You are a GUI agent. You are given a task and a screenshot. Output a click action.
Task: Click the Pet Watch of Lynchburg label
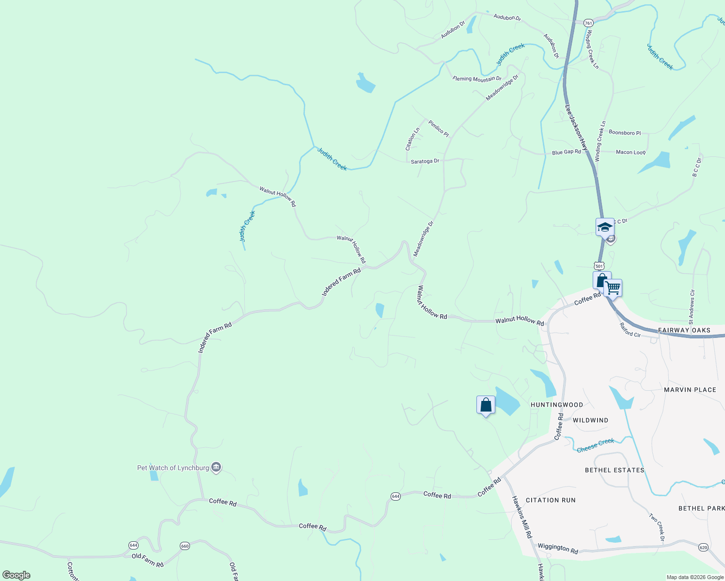[x=173, y=468]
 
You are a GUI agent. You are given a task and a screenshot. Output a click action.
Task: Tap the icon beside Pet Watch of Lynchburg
[x=217, y=467]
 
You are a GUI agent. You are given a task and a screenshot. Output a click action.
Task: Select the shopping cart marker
[x=613, y=289]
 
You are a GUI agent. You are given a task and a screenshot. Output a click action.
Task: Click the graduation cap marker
[x=605, y=227]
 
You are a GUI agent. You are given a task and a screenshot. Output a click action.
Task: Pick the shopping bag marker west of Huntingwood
[x=486, y=405]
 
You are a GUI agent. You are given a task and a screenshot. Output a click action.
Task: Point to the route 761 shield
[x=588, y=23]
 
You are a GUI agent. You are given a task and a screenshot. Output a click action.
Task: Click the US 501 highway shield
[x=599, y=266]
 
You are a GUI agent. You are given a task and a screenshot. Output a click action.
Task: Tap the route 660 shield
[x=185, y=546]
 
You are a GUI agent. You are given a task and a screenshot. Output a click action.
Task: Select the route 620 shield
[x=703, y=547]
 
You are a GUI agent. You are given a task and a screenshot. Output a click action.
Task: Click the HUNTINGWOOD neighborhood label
[x=557, y=405]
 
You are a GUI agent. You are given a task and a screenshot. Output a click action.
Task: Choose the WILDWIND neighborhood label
[x=590, y=420]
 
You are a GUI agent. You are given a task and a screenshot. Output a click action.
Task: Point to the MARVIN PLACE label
[x=690, y=390]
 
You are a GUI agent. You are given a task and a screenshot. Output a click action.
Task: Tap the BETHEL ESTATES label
[x=615, y=470]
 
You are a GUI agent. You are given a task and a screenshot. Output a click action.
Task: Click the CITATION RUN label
[x=551, y=500]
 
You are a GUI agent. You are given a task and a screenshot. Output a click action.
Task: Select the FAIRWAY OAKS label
[x=684, y=330]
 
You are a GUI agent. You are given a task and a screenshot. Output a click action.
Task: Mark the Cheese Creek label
[x=595, y=445]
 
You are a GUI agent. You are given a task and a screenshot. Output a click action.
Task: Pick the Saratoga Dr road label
[x=425, y=161]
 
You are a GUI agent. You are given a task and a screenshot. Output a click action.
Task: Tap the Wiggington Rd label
[x=558, y=548]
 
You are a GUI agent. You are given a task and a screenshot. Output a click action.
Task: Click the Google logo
[x=16, y=575]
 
